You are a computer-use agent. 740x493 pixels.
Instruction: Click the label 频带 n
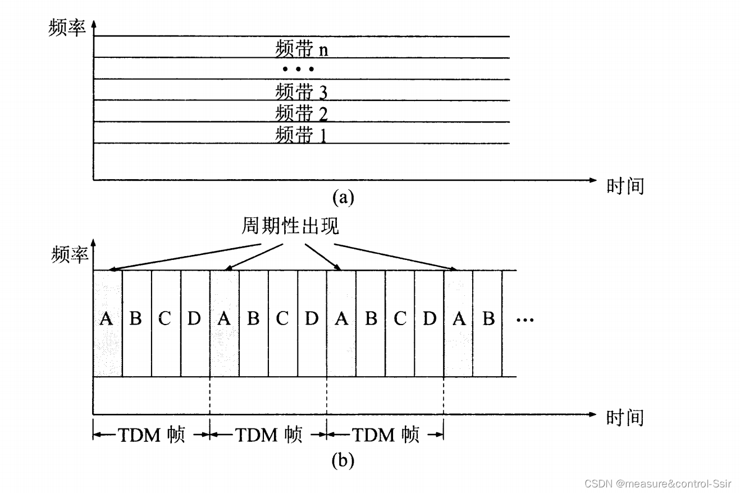coord(302,49)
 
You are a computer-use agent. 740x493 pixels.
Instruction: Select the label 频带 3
coord(302,91)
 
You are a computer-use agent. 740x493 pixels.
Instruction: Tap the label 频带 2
coord(302,113)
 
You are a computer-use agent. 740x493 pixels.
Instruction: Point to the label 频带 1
coord(302,134)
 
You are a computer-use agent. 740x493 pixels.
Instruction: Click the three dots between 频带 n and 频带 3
coord(298,70)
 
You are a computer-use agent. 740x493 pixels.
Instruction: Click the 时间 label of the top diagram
coord(625,186)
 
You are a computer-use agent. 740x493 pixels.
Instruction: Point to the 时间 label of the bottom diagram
coord(625,417)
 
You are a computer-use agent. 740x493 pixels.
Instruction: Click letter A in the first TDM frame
coord(106,319)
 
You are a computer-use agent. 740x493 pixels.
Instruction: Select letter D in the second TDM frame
coord(312,319)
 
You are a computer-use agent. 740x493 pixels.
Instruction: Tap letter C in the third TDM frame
coord(400,319)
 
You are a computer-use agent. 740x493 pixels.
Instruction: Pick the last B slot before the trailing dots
coord(488,319)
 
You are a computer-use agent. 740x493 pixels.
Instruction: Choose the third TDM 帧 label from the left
coord(385,435)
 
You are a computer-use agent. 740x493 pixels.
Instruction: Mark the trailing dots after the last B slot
coord(525,320)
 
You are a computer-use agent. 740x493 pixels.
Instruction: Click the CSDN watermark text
coord(657,483)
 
